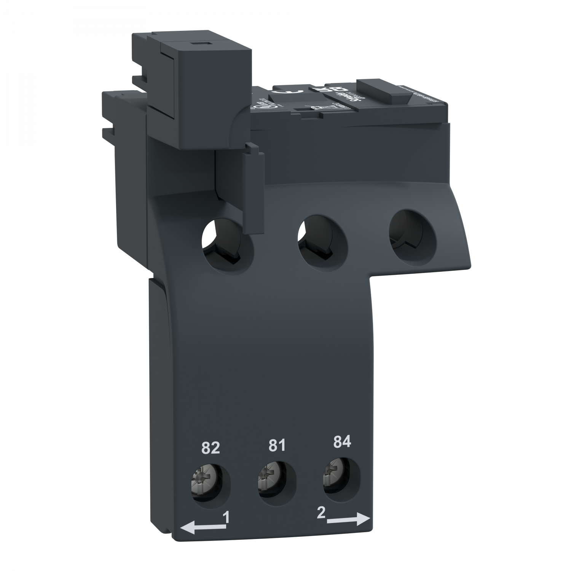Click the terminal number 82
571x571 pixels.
point(211,448)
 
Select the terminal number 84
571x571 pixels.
point(341,442)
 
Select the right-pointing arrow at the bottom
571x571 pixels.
point(348,520)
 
